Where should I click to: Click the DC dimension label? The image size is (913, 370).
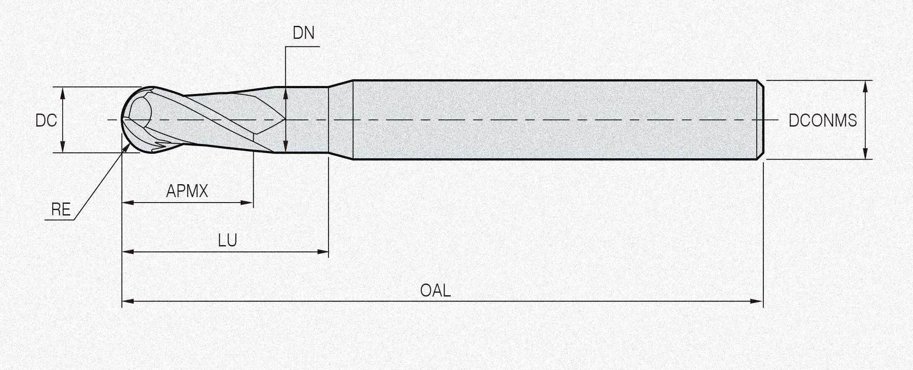coord(46,120)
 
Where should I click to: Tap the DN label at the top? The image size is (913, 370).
coord(303,33)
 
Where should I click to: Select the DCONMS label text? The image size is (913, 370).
coord(822,120)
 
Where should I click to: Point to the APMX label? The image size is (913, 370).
coord(187,191)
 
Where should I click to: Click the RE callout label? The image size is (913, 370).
coord(61,209)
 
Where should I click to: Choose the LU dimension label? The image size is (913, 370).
coord(227,241)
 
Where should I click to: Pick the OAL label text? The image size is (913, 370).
coord(435,290)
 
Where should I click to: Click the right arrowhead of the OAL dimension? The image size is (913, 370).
coord(757,301)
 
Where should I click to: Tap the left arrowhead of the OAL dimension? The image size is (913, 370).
coord(128,301)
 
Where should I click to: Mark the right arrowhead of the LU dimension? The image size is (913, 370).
coord(323,252)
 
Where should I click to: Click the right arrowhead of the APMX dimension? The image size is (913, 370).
coord(247,203)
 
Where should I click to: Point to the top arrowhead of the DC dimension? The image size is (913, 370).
coord(63,93)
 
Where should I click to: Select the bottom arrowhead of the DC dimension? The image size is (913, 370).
coord(63,147)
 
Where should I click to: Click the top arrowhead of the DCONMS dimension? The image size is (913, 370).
coord(865,86)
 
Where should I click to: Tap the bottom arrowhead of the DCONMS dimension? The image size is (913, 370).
coord(865,153)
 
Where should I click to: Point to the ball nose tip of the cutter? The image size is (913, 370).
coord(122,120)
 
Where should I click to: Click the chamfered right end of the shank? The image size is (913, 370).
coord(761,120)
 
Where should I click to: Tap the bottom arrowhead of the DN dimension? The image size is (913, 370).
coord(285,147)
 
